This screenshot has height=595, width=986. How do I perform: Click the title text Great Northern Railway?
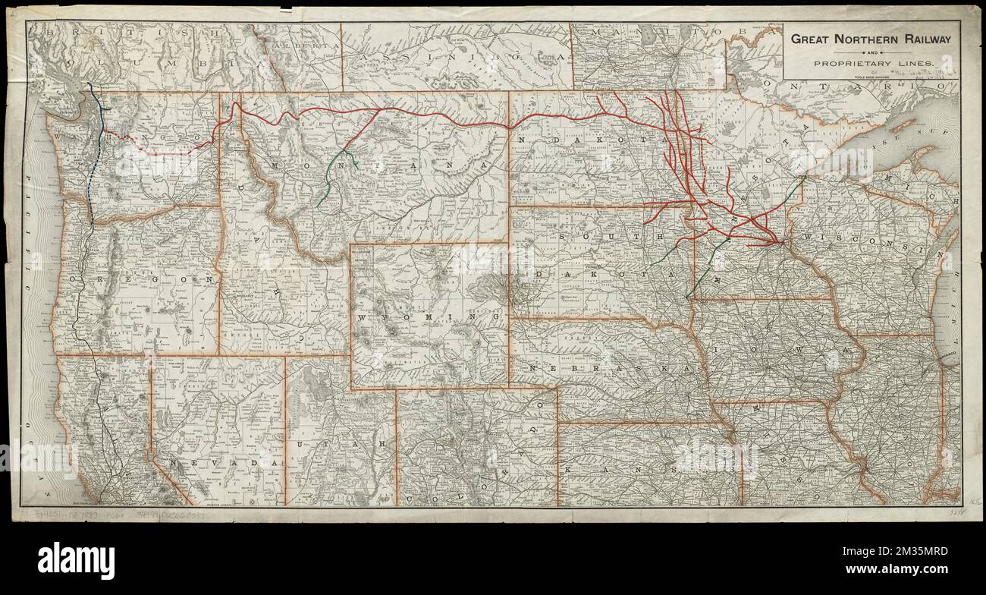click(871, 39)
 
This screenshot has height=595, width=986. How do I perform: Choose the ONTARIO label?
click(857, 87)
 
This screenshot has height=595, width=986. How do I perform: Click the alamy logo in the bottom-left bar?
click(76, 561)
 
